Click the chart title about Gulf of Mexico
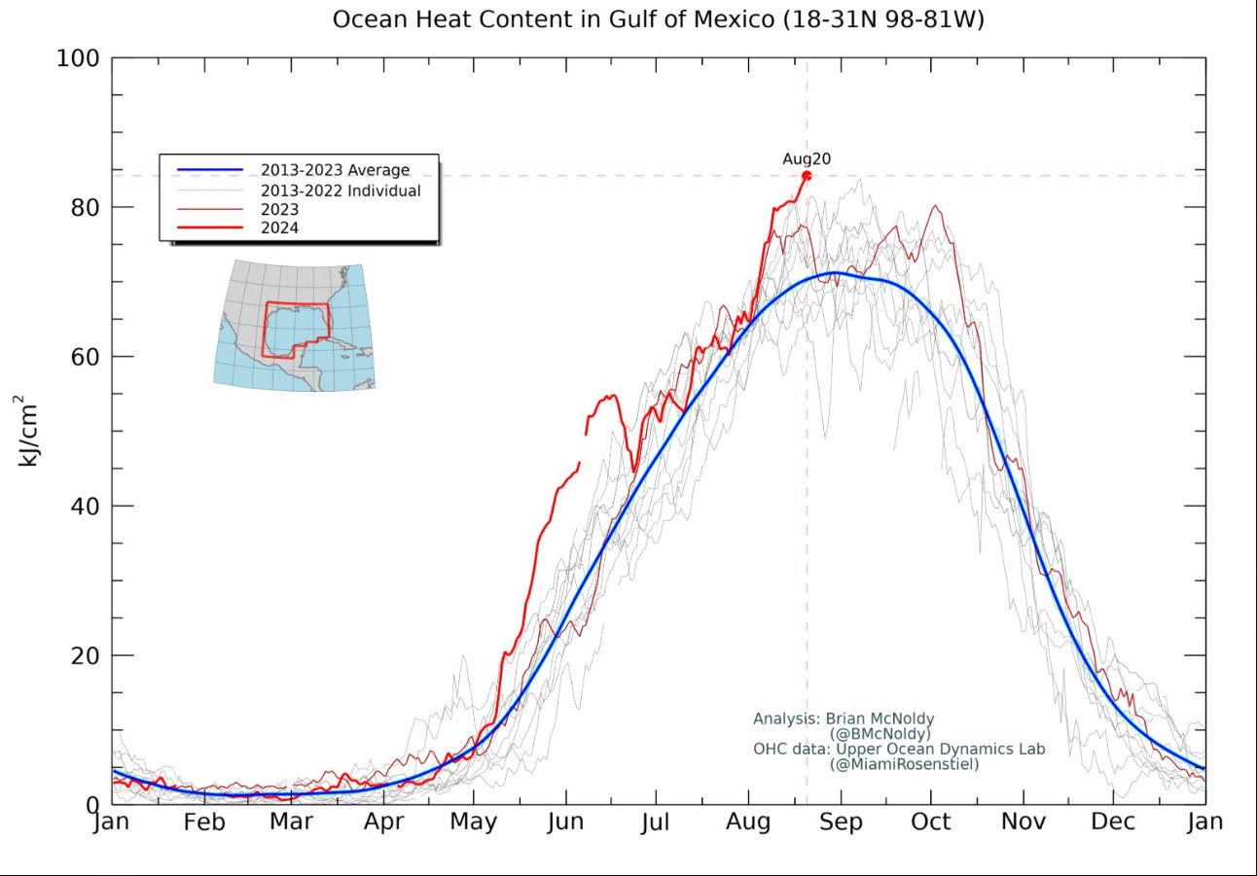(659, 19)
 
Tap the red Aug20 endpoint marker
(807, 176)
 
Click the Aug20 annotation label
(807, 159)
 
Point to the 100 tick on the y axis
(77, 58)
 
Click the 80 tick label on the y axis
(81, 208)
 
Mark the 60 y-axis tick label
(81, 357)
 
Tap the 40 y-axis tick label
(81, 507)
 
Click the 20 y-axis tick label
(81, 655)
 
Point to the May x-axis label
(473, 823)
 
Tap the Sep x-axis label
(841, 823)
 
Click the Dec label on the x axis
(1112, 823)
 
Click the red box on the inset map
(297, 331)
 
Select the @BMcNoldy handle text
(880, 734)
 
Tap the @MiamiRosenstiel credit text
(904, 765)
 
